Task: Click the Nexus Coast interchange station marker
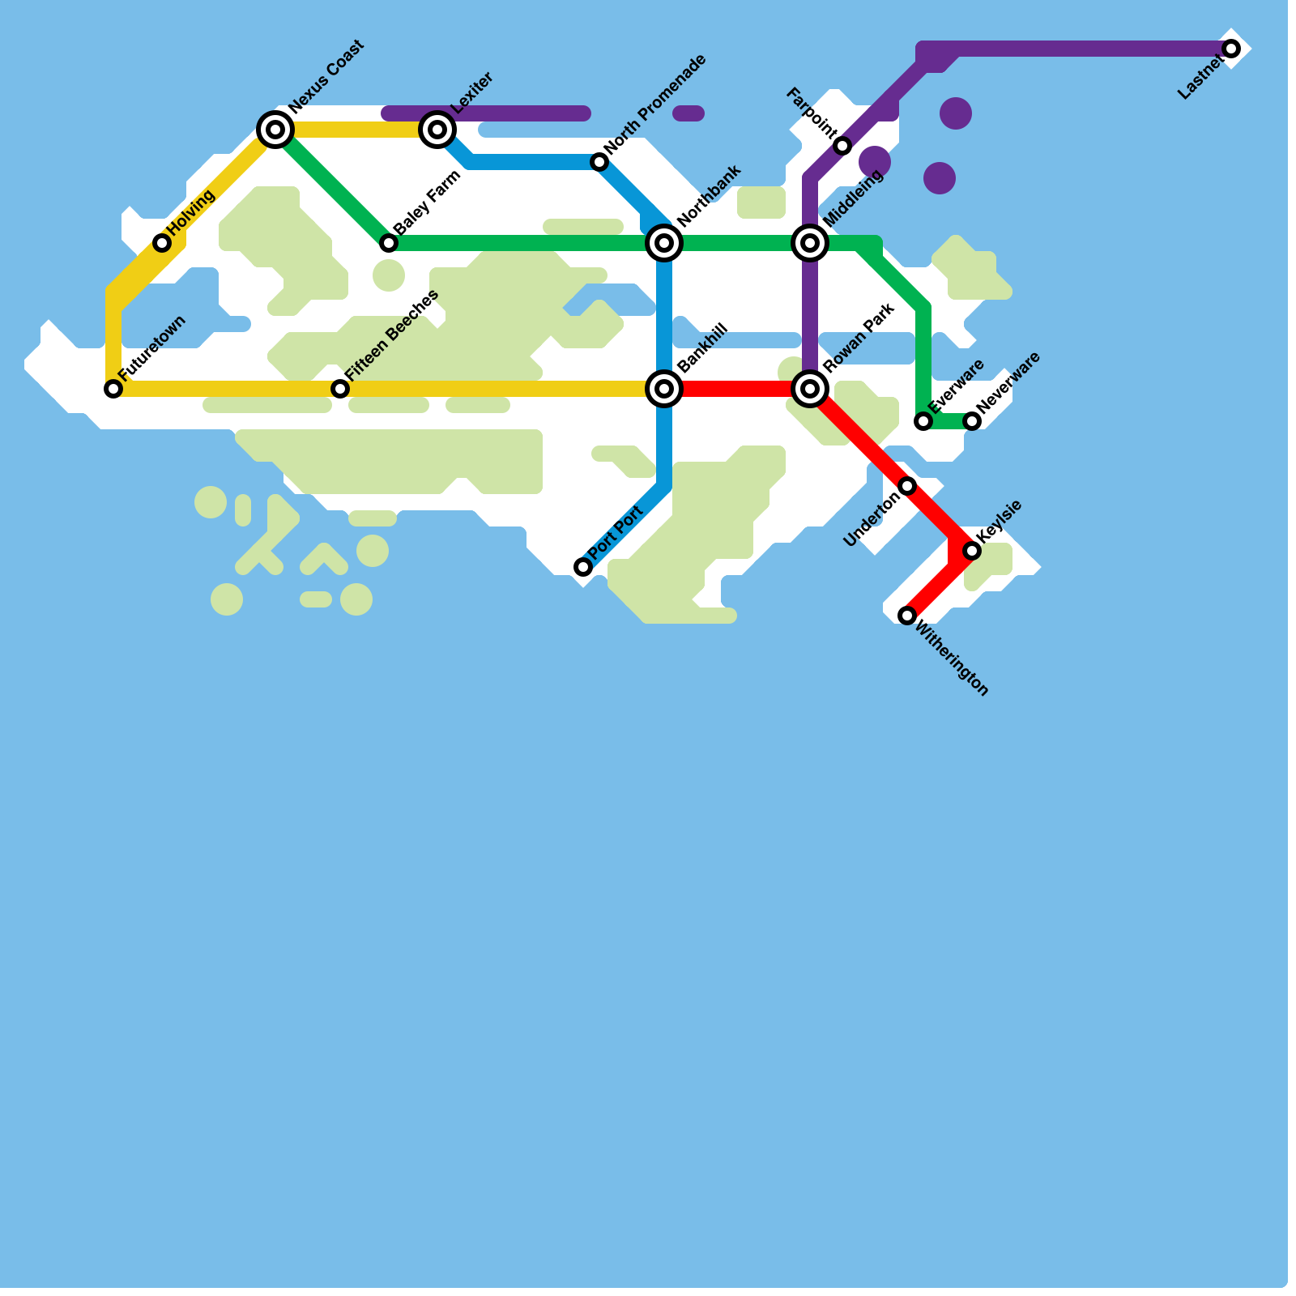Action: [275, 130]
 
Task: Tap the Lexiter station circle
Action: [437, 130]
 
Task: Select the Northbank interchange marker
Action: [664, 243]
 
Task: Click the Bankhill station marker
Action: [664, 389]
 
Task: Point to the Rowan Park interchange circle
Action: [810, 389]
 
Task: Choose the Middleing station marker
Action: [810, 243]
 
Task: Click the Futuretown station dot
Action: [113, 389]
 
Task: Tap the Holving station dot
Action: [162, 243]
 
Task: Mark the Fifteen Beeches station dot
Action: [340, 389]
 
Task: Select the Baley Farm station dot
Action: [389, 243]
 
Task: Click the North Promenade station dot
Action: [599, 162]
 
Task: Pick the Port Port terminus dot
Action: [583, 567]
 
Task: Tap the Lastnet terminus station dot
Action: [1231, 49]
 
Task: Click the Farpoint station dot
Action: [842, 146]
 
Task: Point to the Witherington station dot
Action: [907, 616]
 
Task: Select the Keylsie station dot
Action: [972, 551]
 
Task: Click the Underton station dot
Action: [907, 486]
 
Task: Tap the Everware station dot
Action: [923, 421]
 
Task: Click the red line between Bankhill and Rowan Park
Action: [737, 389]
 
